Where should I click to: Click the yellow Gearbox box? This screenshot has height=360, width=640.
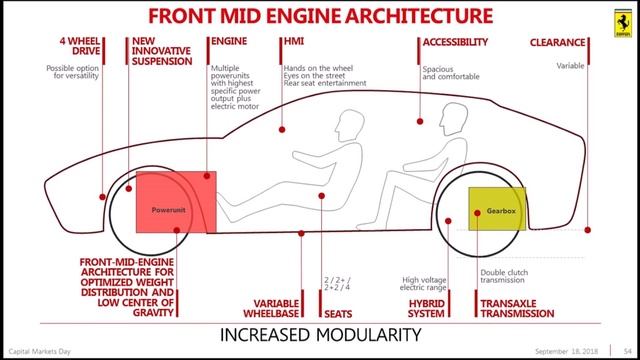click(x=488, y=214)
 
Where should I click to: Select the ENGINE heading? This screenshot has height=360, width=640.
click(x=233, y=42)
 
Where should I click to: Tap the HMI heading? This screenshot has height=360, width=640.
click(x=294, y=42)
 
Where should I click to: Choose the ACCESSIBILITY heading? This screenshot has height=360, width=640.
click(x=455, y=42)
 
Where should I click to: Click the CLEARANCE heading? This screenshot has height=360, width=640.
click(x=567, y=42)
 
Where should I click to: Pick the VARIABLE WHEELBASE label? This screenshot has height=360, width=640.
click(x=274, y=308)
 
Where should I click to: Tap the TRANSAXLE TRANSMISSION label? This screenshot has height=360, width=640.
click(x=517, y=308)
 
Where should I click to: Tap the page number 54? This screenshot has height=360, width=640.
click(x=625, y=353)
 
